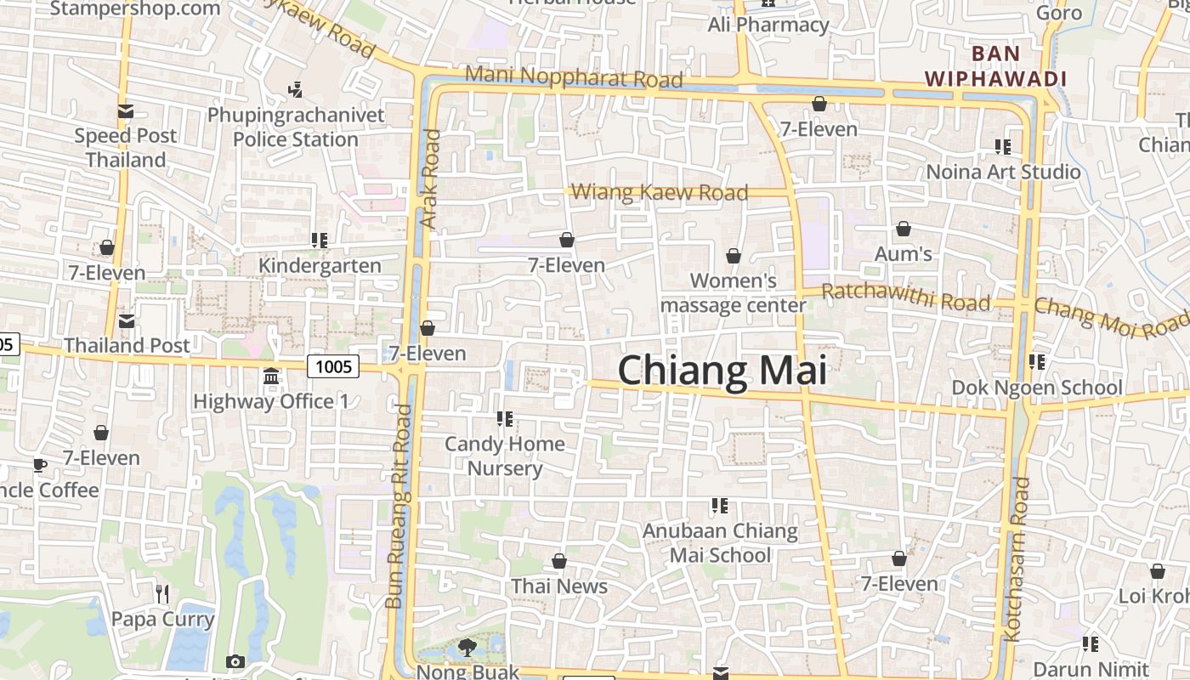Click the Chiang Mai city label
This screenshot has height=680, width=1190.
pyautogui.click(x=722, y=371)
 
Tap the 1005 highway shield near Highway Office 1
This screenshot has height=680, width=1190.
pyautogui.click(x=333, y=366)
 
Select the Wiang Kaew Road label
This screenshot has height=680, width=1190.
pyautogui.click(x=660, y=192)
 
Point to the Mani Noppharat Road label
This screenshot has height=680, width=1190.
pyautogui.click(x=574, y=76)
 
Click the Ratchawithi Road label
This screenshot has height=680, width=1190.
pyautogui.click(x=906, y=297)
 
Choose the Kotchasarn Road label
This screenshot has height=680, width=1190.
pyautogui.click(x=1017, y=558)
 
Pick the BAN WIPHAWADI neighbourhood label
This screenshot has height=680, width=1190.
pyautogui.click(x=995, y=66)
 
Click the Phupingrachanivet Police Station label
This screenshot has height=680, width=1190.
pyautogui.click(x=296, y=127)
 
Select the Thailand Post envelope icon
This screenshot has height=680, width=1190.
pyautogui.click(x=126, y=321)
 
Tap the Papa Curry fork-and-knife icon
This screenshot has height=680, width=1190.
pyautogui.click(x=162, y=593)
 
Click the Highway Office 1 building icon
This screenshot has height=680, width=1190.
pyautogui.click(x=271, y=376)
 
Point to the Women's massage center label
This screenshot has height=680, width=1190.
pyautogui.click(x=733, y=292)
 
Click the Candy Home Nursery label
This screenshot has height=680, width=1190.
pyautogui.click(x=505, y=456)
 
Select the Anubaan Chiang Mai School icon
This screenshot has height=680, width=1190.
pyautogui.click(x=720, y=506)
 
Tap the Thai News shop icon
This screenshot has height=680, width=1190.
pyautogui.click(x=559, y=561)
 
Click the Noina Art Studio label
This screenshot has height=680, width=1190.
pyautogui.click(x=1003, y=172)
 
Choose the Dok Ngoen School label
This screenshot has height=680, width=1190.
pyautogui.click(x=1037, y=388)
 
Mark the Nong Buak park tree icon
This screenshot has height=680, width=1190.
pyautogui.click(x=467, y=648)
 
